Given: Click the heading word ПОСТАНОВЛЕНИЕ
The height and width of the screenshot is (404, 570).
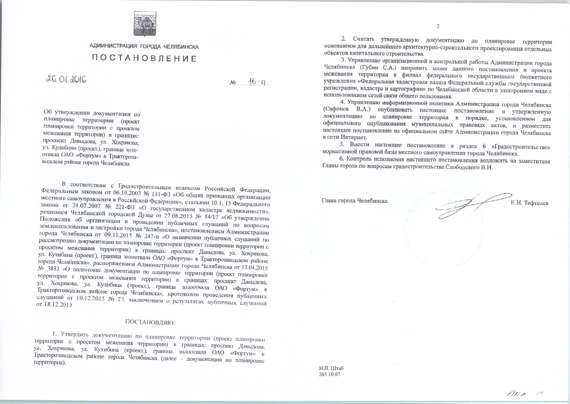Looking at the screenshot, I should (x=144, y=59).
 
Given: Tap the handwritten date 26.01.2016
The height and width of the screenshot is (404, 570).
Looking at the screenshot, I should (x=66, y=79).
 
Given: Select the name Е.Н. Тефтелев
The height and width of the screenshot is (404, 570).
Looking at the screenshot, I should (x=530, y=203).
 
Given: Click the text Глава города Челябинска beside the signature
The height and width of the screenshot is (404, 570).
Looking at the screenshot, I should (x=355, y=201).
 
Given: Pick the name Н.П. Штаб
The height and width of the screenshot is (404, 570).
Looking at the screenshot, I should (x=331, y=368).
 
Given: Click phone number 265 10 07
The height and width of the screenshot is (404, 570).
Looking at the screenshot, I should (x=330, y=375).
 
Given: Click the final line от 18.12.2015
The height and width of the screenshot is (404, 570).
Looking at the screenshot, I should (x=54, y=305).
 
